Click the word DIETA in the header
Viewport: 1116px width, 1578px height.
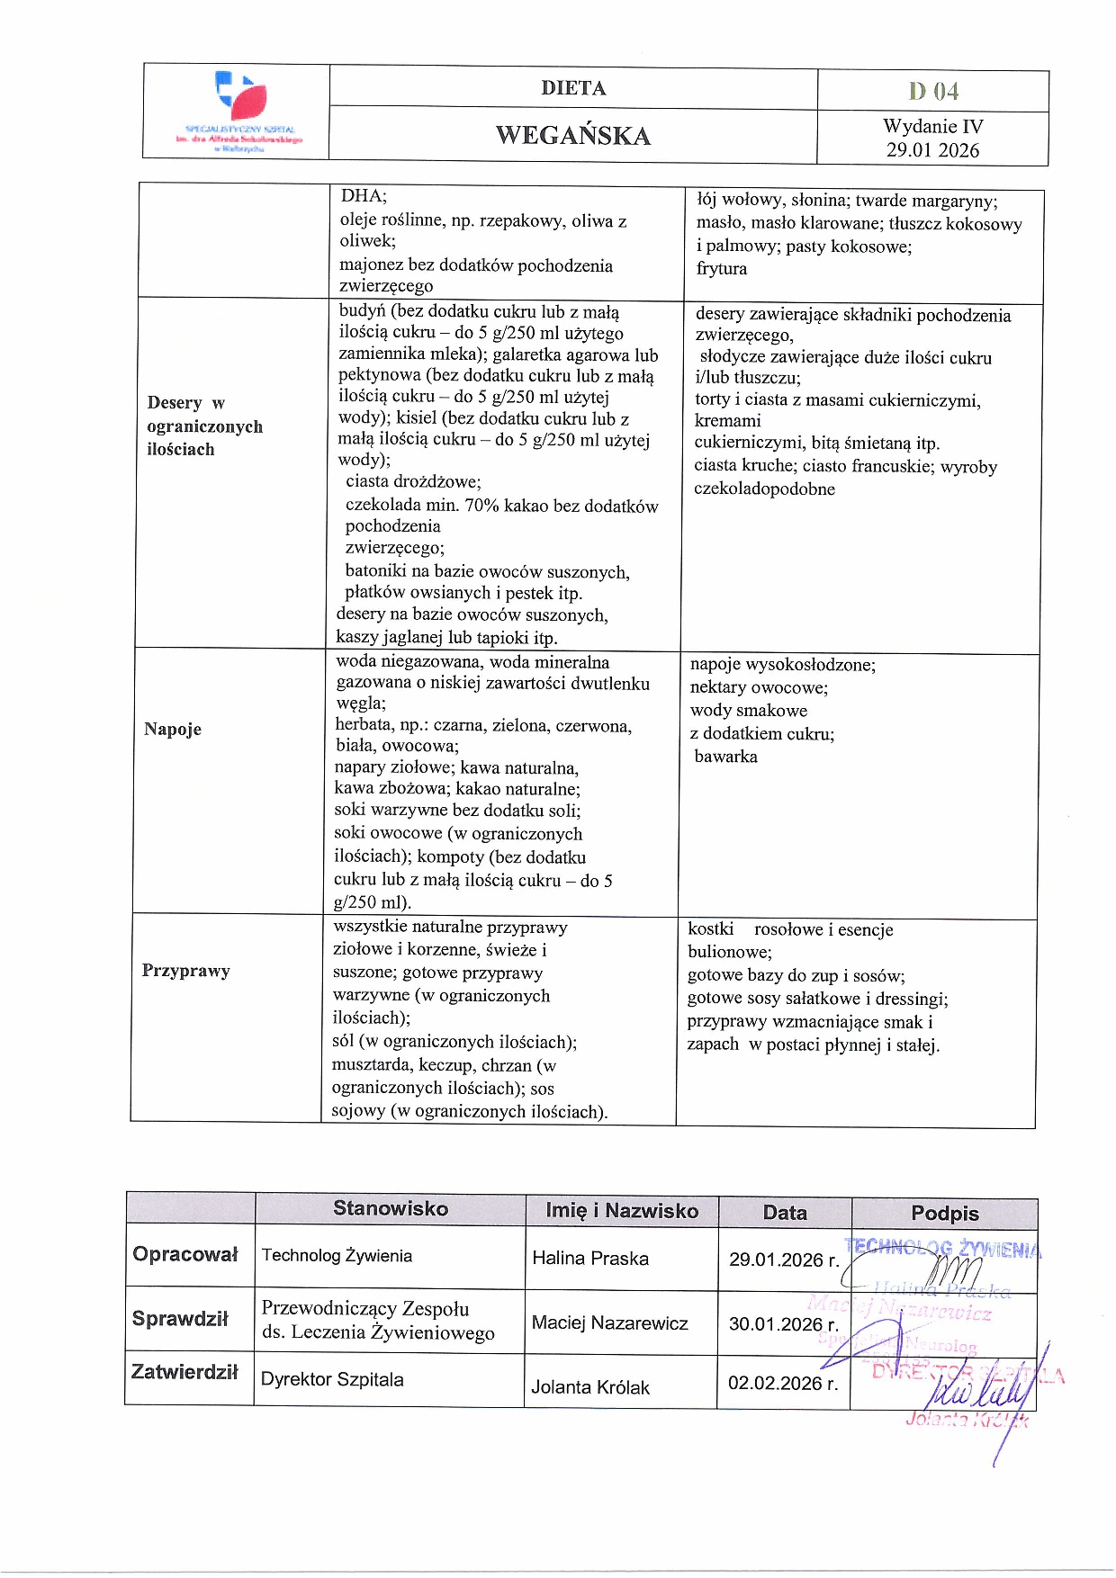point(573,88)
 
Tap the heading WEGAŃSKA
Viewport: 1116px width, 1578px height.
point(572,136)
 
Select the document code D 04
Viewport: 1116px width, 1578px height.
point(933,91)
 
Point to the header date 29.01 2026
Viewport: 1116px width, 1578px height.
point(932,150)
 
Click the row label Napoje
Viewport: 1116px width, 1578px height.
point(173,729)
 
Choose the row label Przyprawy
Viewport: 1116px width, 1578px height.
point(186,970)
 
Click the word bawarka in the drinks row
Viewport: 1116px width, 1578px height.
point(725,757)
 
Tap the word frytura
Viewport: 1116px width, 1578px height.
point(722,268)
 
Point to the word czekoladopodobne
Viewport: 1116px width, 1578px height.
point(764,489)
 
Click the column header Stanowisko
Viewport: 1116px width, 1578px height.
point(391,1208)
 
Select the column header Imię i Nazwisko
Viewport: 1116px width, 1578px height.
point(622,1211)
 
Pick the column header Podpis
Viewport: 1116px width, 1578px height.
point(944,1214)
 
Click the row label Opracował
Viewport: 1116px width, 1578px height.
point(185,1254)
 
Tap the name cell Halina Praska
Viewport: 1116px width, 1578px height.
point(590,1259)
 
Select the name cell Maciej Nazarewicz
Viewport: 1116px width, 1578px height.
point(609,1322)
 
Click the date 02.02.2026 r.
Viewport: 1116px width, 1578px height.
point(783,1384)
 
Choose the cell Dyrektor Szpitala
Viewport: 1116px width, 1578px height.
point(332,1379)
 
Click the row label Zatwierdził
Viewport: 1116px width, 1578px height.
point(184,1372)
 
